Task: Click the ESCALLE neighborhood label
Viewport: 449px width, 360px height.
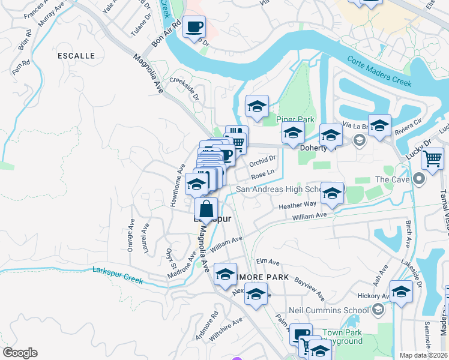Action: click(x=76, y=55)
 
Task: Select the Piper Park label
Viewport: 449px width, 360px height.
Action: click(x=295, y=119)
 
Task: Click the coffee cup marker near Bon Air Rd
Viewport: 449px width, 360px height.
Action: click(x=194, y=27)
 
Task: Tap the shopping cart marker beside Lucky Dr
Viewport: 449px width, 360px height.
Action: click(x=432, y=159)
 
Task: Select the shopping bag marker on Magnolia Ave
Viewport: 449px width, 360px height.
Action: click(x=206, y=209)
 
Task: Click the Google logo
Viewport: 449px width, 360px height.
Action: click(x=20, y=352)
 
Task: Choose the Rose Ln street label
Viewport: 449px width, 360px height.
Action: click(x=263, y=175)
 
